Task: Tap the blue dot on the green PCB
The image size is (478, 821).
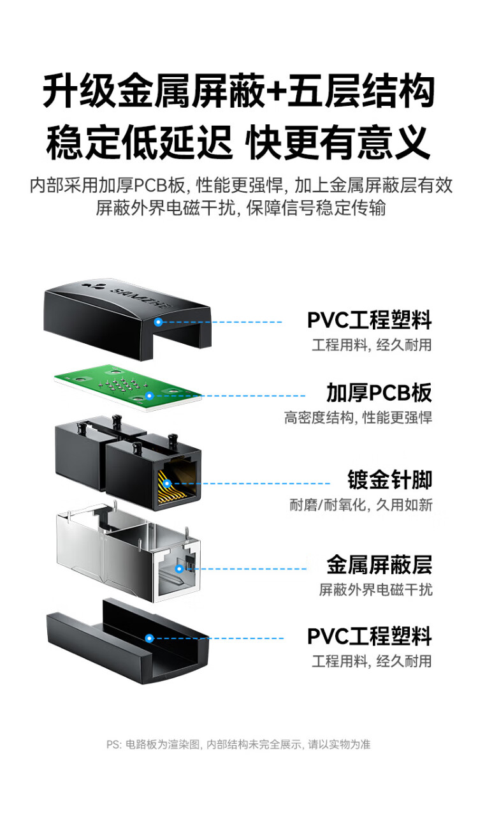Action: (149, 396)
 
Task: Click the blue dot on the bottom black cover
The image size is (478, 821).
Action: (149, 638)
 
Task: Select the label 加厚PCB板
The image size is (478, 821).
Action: (379, 393)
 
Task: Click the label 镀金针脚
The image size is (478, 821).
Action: (389, 480)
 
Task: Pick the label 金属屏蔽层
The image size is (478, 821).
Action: (379, 565)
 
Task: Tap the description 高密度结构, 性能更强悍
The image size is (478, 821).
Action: (358, 418)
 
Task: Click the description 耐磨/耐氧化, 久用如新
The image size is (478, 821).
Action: (361, 505)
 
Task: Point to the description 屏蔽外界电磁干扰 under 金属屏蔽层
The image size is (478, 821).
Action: (375, 589)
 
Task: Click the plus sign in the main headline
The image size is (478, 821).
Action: (276, 91)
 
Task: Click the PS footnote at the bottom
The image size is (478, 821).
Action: (238, 744)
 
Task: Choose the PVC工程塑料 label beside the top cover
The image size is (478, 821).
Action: (369, 320)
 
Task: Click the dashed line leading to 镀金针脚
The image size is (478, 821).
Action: (255, 484)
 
